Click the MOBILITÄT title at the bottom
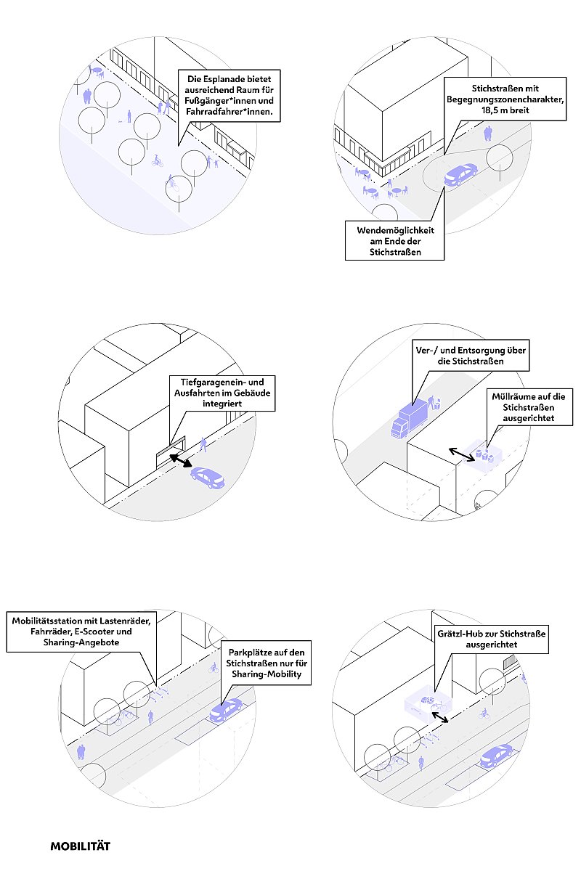80,846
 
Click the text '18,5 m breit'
500,111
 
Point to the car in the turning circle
461,174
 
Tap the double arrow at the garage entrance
182,462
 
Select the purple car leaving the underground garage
208,477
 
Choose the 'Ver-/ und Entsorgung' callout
469,354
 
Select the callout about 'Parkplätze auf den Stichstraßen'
269,662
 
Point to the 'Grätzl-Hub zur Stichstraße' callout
491,639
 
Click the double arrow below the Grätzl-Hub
439,716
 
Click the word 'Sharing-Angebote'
81,644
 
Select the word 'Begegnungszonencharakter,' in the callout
500,99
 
